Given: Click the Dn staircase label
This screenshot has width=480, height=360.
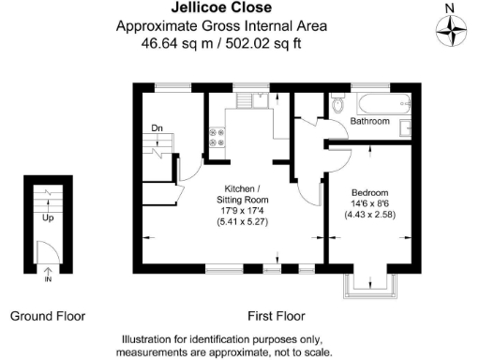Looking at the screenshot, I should [x=157, y=128].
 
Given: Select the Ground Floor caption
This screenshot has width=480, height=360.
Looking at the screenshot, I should [x=48, y=316].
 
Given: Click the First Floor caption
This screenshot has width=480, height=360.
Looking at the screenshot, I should [x=276, y=316].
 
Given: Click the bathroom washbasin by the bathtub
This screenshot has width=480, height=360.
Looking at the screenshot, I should [x=405, y=127].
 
